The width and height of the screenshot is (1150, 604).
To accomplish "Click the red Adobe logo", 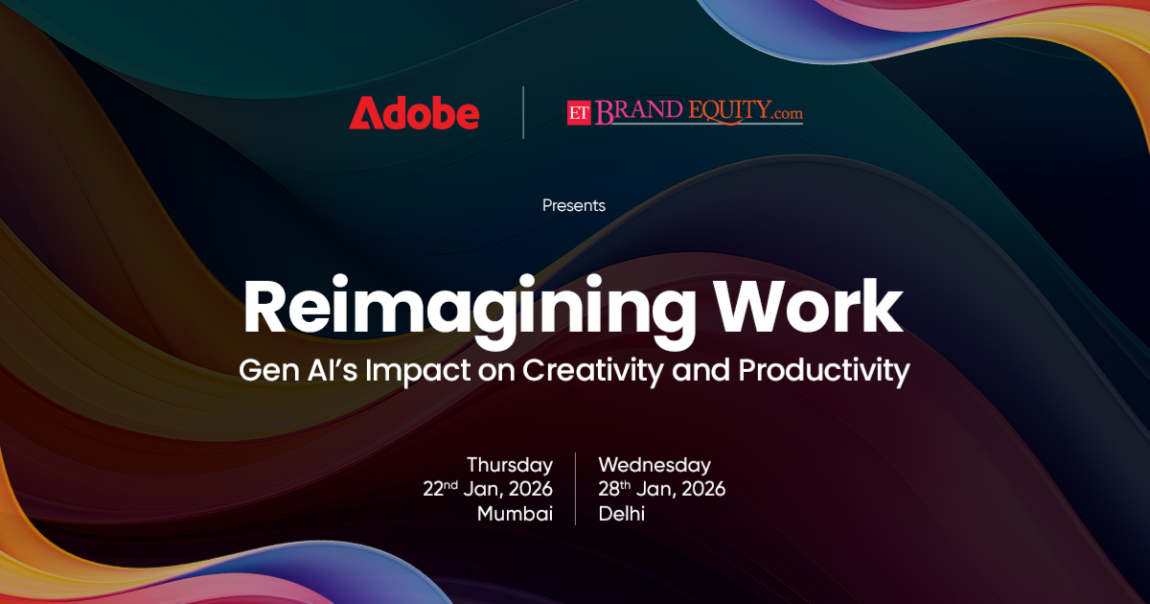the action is click(414, 112).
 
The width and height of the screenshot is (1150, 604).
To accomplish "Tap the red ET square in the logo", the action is click(579, 112).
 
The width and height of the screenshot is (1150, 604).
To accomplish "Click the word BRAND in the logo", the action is click(638, 111).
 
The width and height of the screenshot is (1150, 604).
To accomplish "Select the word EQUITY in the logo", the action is click(729, 111).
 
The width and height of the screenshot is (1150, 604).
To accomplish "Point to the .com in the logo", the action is click(788, 113).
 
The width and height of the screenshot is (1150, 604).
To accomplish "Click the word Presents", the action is click(574, 205).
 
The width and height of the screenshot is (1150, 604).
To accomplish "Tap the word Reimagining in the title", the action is click(470, 310).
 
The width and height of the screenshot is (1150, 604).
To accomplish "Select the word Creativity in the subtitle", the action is click(593, 371).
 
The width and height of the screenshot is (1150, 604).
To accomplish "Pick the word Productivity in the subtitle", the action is click(824, 371).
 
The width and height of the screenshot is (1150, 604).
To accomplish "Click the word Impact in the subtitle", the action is click(418, 371).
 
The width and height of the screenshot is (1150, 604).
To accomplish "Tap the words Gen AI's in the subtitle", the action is click(298, 370).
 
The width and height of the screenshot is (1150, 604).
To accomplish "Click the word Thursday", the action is click(510, 465).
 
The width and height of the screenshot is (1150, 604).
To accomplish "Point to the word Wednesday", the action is click(655, 465).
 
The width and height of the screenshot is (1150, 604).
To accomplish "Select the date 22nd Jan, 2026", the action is click(488, 489).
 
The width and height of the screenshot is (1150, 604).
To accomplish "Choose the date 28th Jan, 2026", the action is click(662, 489).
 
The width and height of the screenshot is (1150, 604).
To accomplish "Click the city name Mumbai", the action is click(515, 514).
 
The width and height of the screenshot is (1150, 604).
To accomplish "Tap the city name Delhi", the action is click(621, 514).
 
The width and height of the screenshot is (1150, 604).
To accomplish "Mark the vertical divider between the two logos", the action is click(523, 112).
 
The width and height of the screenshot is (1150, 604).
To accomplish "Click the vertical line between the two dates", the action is click(576, 488).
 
